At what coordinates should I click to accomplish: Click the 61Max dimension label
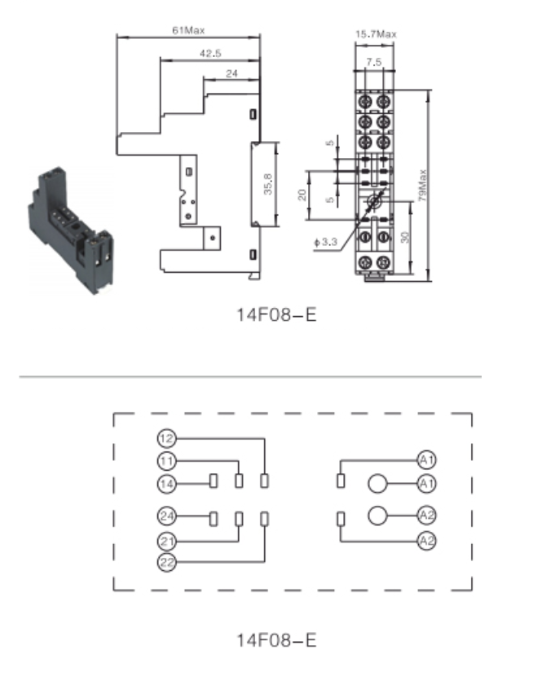click(188, 30)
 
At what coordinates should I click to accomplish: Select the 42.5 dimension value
click(210, 54)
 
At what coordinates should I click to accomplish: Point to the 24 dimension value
click(231, 74)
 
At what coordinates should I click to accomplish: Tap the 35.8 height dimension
click(268, 184)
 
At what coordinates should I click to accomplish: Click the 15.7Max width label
click(376, 34)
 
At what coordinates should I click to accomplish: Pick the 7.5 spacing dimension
click(374, 62)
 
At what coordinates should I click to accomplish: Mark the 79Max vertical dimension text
click(422, 186)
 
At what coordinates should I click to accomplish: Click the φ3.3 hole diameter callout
click(325, 242)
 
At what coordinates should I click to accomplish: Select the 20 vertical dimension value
click(302, 195)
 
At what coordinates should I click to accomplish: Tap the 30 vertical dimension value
click(404, 237)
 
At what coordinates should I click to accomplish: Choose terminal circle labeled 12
click(166, 438)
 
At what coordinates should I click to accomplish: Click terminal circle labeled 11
click(166, 461)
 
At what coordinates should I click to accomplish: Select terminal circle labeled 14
click(166, 484)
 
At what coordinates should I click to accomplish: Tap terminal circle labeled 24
click(166, 516)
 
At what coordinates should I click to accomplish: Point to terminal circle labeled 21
click(166, 541)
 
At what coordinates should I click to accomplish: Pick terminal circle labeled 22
click(166, 562)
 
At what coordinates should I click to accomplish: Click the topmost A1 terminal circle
click(426, 460)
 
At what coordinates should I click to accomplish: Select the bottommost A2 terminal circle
click(426, 541)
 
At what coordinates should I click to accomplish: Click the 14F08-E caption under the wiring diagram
click(276, 640)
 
